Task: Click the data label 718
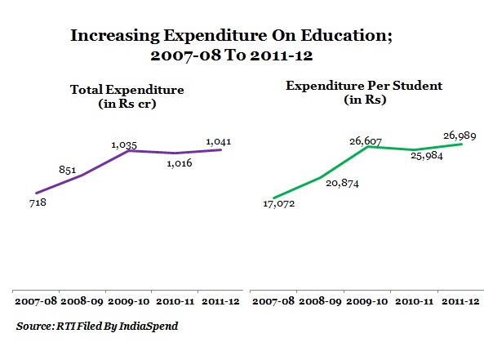pos(38,202)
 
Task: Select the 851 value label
pos(67,170)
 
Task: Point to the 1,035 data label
pos(124,144)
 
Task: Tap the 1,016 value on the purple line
pos(180,163)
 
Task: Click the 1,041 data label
pos(218,142)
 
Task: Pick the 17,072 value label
pos(279,204)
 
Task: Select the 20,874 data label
pos(342,184)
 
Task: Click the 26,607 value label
pos(366,141)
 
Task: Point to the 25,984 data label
pos(427,156)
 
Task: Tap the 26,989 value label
pos(460,136)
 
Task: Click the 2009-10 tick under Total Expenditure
pos(129,301)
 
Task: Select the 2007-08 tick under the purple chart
pos(36,301)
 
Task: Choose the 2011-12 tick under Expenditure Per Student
pos(460,301)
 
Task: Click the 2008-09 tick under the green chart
pos(320,301)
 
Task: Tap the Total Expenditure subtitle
pos(127,96)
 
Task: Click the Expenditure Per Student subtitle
pos(364,92)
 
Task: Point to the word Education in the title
pos(346,35)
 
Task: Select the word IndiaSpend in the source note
pos(149,326)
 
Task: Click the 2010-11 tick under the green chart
pos(415,301)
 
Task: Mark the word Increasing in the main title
pos(115,36)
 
